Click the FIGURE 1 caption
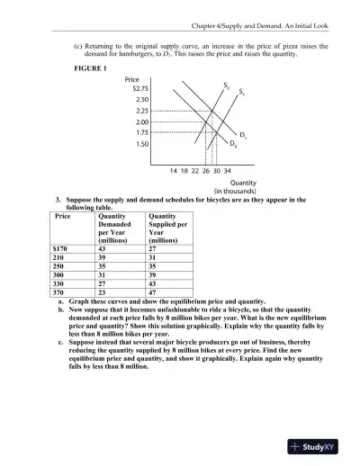point(92,69)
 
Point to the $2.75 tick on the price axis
point(139,88)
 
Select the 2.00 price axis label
point(141,121)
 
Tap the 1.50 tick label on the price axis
point(141,143)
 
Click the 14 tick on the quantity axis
point(174,169)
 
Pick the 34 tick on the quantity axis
point(227,169)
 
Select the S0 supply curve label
point(226,85)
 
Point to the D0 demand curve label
point(234,144)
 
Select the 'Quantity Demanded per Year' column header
point(114,228)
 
